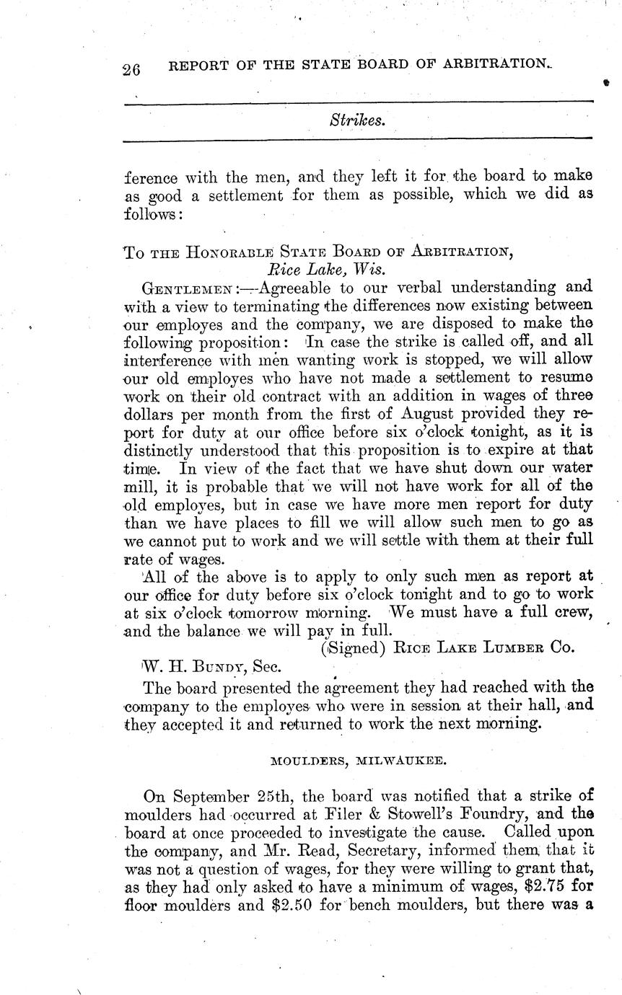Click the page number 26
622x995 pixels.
(133, 70)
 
